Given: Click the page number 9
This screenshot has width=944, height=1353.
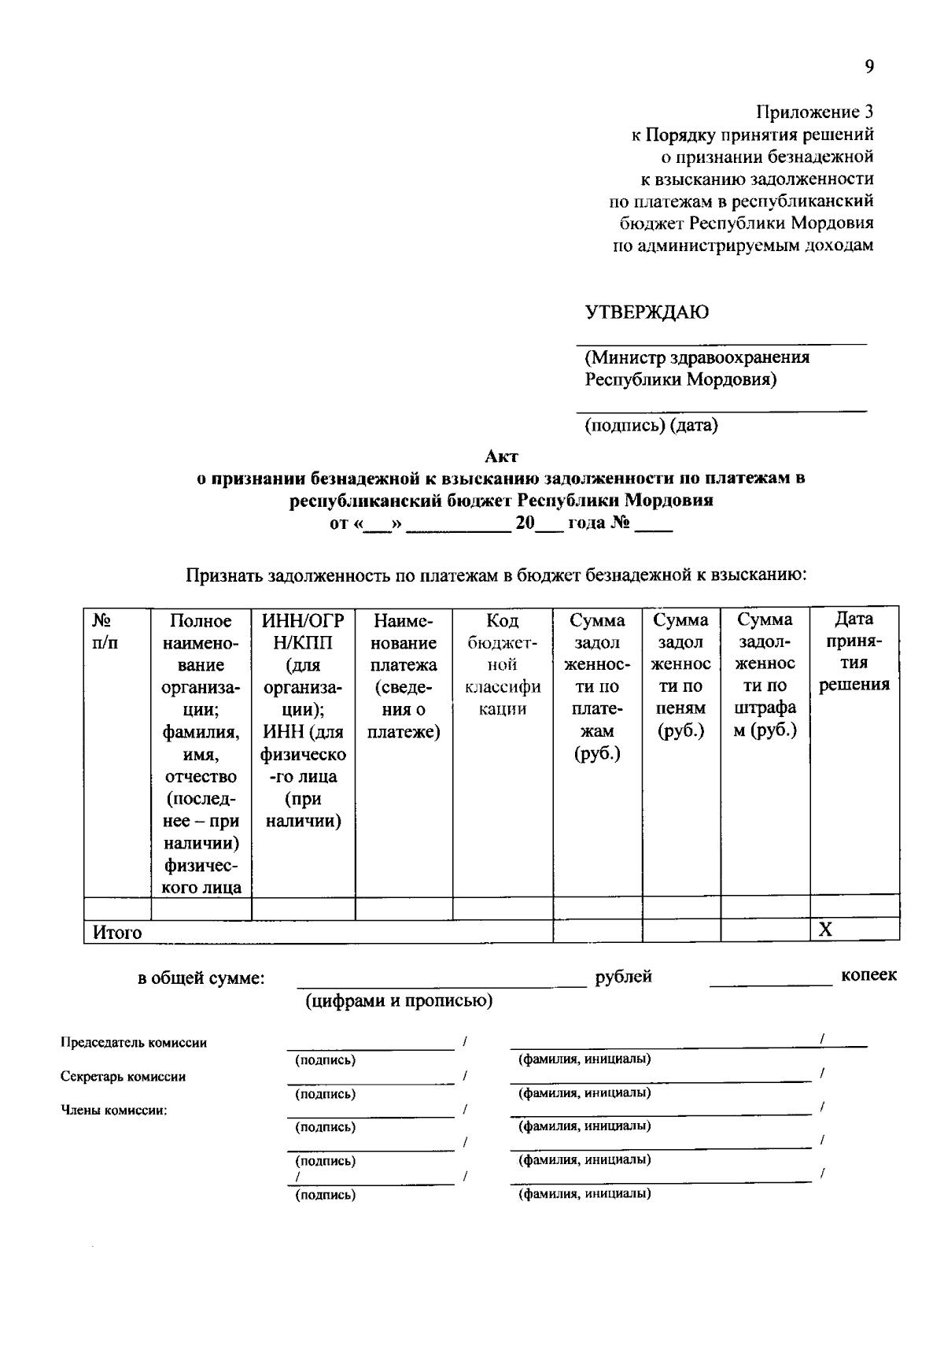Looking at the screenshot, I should [x=869, y=67].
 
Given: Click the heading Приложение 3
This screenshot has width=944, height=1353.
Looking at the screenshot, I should [x=814, y=112].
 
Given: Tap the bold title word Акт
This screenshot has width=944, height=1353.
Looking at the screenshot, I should [x=501, y=456].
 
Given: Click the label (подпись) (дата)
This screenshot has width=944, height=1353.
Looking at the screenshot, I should [x=651, y=426].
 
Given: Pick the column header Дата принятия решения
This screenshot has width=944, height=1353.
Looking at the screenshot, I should [x=854, y=652].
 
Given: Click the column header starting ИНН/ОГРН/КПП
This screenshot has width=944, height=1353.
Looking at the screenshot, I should [x=303, y=720].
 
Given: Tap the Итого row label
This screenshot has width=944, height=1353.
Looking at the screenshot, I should [x=117, y=933].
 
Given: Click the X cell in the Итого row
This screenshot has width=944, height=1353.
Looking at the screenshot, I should [x=825, y=930].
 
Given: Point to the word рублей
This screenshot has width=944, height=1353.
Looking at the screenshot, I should [x=623, y=977].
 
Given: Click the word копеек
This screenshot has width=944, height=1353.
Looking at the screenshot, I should [x=868, y=975].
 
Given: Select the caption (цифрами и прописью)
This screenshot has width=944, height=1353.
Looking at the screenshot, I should [x=399, y=1000].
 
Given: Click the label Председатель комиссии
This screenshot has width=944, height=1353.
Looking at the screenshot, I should [x=134, y=1043].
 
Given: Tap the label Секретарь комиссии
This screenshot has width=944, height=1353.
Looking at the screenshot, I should [x=123, y=1077].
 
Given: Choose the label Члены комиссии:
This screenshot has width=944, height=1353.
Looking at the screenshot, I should [x=114, y=1111].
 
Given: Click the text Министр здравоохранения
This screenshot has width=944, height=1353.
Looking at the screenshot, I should [x=697, y=357].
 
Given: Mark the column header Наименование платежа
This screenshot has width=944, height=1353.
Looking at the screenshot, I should [x=404, y=675].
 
